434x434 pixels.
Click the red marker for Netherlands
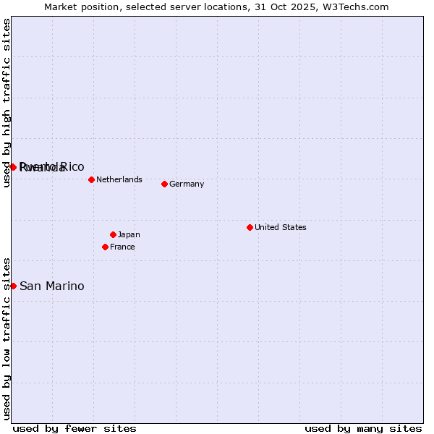(x=91, y=179)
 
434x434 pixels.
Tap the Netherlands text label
(x=119, y=179)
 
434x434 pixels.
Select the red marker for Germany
(x=164, y=184)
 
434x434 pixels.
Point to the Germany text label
(x=187, y=184)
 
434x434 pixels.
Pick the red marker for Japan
(x=113, y=234)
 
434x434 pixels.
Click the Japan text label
(x=129, y=234)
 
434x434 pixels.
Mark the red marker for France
(x=105, y=247)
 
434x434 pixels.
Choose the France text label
(x=122, y=247)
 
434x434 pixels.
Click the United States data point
(x=250, y=227)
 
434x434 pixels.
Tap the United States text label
(x=281, y=227)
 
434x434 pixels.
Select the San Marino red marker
(x=13, y=286)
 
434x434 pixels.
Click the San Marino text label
(x=52, y=286)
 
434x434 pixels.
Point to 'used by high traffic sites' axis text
(x=7, y=103)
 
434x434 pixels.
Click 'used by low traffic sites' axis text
(x=7, y=339)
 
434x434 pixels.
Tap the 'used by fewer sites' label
(x=75, y=428)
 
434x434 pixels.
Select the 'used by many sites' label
(x=363, y=428)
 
